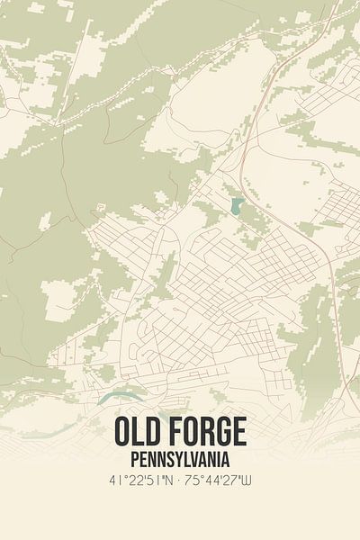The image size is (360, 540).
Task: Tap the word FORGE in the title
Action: coord(204,433)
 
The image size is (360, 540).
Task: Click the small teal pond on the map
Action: coord(236,207)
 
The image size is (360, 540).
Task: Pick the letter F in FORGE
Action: coord(173,433)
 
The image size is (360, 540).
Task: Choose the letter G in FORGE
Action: coord(220,433)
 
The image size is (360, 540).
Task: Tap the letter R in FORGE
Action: coord(204,433)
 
